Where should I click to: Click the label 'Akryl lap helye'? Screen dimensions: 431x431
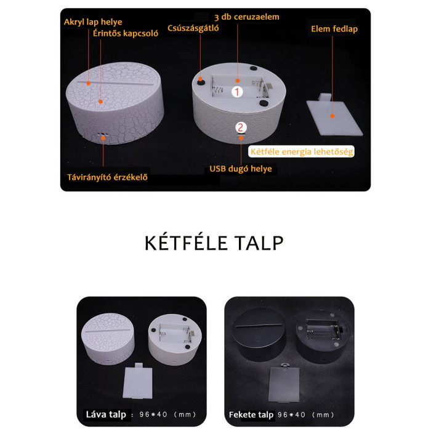pyautogui.click(x=93, y=22)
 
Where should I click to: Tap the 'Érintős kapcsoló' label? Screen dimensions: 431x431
pyautogui.click(x=126, y=33)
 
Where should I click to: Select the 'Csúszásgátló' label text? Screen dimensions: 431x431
pyautogui.click(x=193, y=28)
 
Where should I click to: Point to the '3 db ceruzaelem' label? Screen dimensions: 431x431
pyautogui.click(x=247, y=17)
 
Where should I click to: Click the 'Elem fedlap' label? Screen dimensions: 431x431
pyautogui.click(x=334, y=29)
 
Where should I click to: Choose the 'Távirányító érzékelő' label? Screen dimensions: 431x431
pyautogui.click(x=107, y=177)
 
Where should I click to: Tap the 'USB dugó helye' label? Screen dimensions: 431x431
pyautogui.click(x=241, y=169)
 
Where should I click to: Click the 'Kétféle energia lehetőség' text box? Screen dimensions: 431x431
pyautogui.click(x=301, y=151)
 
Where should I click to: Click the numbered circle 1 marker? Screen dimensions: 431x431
pyautogui.click(x=237, y=92)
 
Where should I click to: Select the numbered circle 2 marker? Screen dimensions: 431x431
pyautogui.click(x=241, y=127)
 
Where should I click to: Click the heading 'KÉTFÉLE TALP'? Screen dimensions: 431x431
pyautogui.click(x=214, y=243)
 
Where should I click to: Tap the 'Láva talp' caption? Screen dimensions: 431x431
pyautogui.click(x=106, y=414)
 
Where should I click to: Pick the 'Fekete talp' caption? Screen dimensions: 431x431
pyautogui.click(x=251, y=415)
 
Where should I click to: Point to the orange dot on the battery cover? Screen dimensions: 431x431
pyautogui.click(x=332, y=116)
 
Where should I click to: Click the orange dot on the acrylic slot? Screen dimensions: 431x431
pyautogui.click(x=89, y=83)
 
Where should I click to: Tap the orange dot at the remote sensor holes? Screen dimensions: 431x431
pyautogui.click(x=103, y=138)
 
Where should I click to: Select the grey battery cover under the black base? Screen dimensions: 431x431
pyautogui.click(x=284, y=383)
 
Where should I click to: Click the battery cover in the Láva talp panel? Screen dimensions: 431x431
pyautogui.click(x=137, y=381)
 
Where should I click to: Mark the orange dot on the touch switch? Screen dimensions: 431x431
pyautogui.click(x=100, y=102)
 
